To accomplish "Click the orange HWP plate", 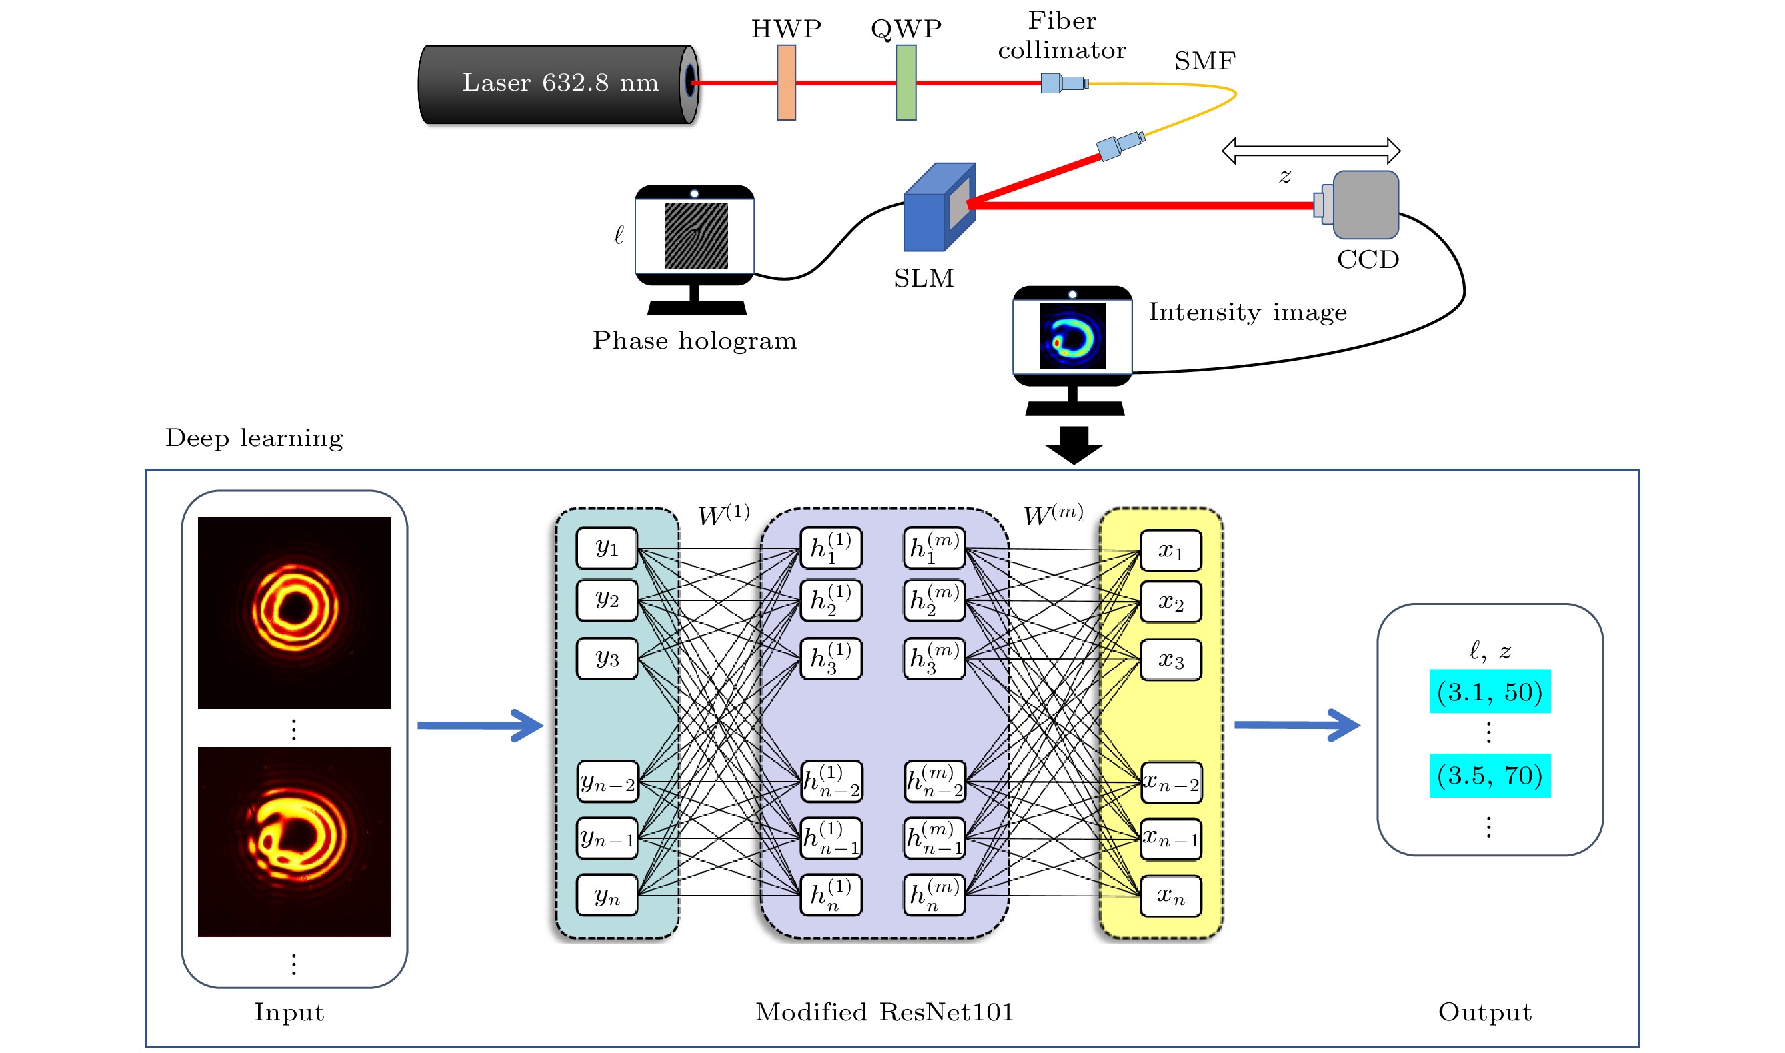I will point(786,82).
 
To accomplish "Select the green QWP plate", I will point(906,82).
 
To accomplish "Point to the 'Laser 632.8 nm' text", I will point(561,83).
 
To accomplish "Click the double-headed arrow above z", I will point(1310,151).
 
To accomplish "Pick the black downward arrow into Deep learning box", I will point(1074,445).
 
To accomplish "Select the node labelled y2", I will point(607,600).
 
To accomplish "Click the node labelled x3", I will point(1171,660).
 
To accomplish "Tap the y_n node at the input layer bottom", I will point(607,896).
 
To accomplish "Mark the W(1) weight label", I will point(723,514).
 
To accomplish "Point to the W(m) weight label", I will point(1053,514).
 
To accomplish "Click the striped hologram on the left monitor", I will point(695,235).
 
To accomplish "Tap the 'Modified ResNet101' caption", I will point(885,1012).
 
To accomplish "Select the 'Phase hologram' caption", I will point(695,341).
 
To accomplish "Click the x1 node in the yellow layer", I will point(1171,551).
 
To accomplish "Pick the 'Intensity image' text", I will point(1247,312).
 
